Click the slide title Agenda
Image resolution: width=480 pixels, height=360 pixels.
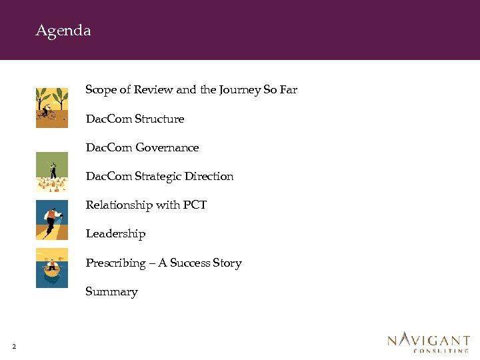(x=63, y=31)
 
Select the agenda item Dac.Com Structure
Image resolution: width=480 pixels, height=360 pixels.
(x=135, y=119)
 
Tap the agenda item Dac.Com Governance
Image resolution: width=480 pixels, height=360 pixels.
(x=142, y=147)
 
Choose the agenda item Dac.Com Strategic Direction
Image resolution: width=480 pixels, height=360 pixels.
(x=159, y=177)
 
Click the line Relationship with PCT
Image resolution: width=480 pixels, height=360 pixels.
(x=146, y=205)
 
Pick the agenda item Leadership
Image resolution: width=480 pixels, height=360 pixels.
(x=115, y=234)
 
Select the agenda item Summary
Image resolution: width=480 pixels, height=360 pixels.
(x=111, y=292)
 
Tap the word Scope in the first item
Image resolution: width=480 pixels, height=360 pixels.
(x=101, y=90)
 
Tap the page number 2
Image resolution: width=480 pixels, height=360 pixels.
(x=14, y=346)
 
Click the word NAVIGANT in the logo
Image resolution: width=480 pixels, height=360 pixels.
(x=429, y=340)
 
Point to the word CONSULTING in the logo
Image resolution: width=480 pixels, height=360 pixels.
(x=441, y=350)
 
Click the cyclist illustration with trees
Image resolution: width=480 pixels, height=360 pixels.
(x=51, y=107)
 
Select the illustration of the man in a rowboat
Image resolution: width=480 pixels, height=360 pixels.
(x=51, y=267)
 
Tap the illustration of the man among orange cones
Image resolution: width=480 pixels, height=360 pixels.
(x=51, y=172)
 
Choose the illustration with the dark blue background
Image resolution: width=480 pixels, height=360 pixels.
(x=51, y=220)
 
